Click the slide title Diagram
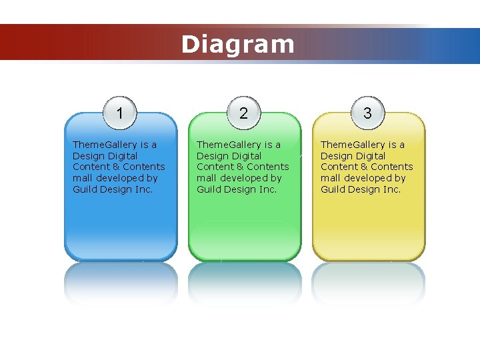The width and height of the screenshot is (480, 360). click(x=237, y=45)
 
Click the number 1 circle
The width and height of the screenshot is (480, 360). click(x=119, y=113)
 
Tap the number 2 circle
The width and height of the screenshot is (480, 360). click(x=243, y=113)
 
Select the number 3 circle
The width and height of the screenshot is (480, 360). click(x=367, y=113)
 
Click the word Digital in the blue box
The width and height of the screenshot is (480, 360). click(x=122, y=156)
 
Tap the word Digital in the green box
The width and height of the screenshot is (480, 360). click(x=246, y=156)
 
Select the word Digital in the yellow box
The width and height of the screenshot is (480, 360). click(x=370, y=156)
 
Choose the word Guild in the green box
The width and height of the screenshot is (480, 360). click(x=209, y=189)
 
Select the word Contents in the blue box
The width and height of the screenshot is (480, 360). click(x=144, y=167)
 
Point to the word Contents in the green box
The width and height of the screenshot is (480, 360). click(x=268, y=167)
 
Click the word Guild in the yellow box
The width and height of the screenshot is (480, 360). click(x=333, y=189)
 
